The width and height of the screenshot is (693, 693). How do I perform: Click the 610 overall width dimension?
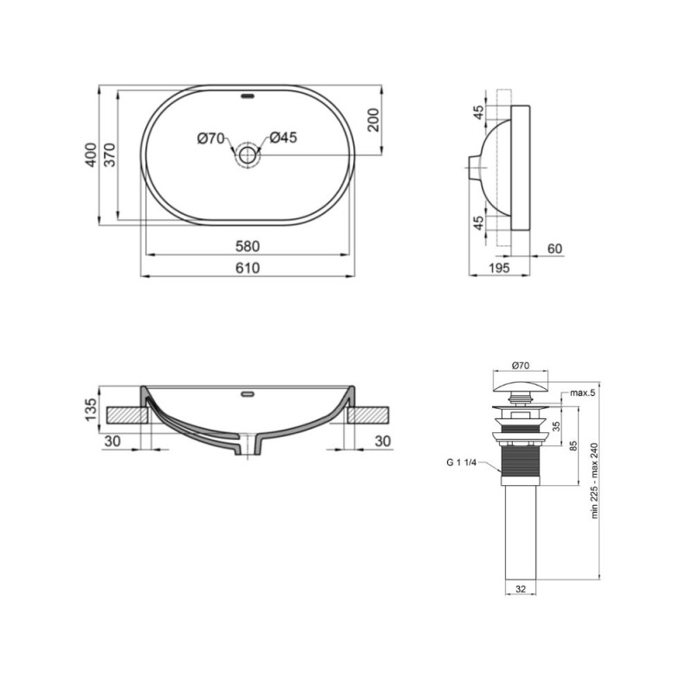point(248,268)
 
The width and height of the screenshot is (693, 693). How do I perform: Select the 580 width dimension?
point(248,246)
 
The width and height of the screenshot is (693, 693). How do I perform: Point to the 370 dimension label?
point(110,156)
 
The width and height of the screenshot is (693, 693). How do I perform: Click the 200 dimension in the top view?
point(374,120)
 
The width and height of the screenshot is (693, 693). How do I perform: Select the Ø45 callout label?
point(283,138)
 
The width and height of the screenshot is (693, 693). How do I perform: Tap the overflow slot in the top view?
point(248,96)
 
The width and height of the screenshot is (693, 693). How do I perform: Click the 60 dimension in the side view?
point(555,249)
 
